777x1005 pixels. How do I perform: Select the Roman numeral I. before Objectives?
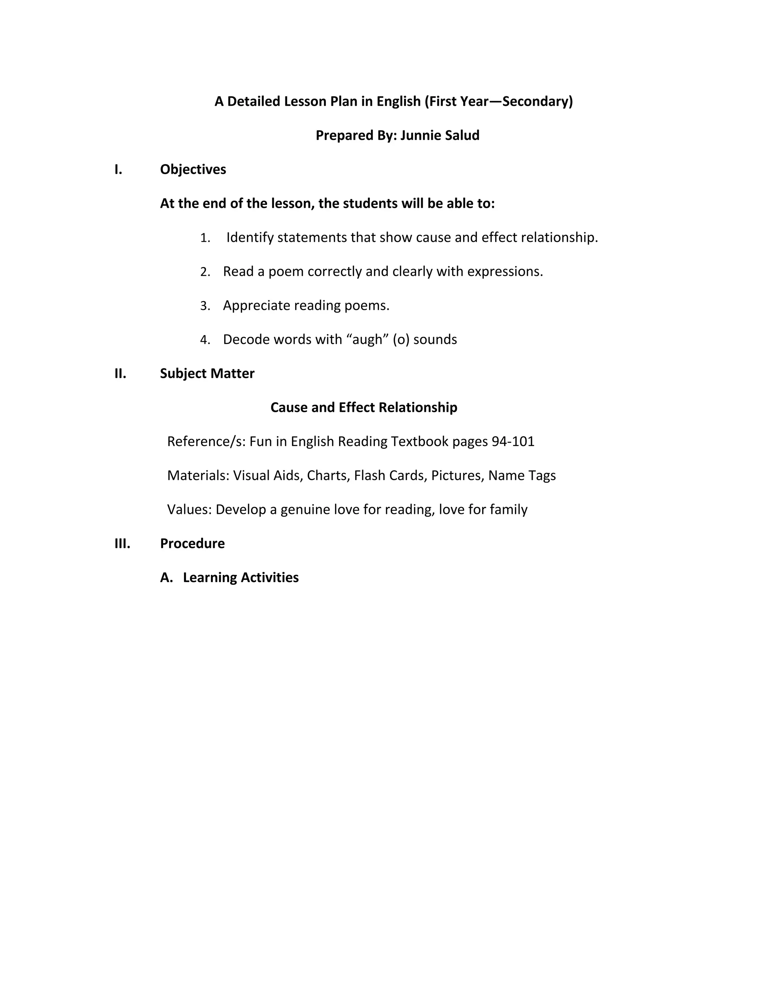tap(118, 170)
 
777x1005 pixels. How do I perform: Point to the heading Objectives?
tap(193, 170)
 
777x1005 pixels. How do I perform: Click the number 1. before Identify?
tap(205, 238)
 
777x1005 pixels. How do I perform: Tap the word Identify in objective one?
tap(250, 237)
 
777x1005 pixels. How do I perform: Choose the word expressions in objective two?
tap(505, 272)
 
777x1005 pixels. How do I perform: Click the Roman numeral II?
tap(120, 373)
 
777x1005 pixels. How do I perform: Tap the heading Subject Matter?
tap(207, 373)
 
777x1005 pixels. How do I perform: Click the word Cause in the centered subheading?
tap(289, 407)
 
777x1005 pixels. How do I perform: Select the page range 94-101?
tap(513, 441)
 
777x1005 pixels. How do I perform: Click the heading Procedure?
tap(192, 543)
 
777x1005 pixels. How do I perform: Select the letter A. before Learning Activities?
tap(166, 578)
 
